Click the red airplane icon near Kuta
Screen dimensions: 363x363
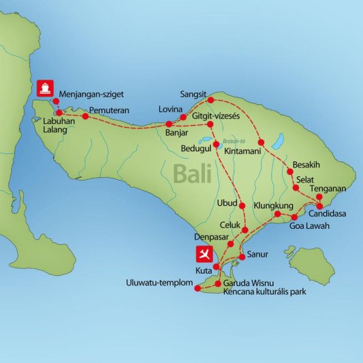pyautogui.click(x=204, y=255)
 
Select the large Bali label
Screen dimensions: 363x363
pyautogui.click(x=193, y=174)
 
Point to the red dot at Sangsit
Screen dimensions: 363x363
pyautogui.click(x=211, y=101)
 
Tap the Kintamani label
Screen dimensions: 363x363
pyautogui.click(x=242, y=151)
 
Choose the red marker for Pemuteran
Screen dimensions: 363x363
pyautogui.click(x=85, y=116)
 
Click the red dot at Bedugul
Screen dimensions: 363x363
pyautogui.click(x=216, y=144)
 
